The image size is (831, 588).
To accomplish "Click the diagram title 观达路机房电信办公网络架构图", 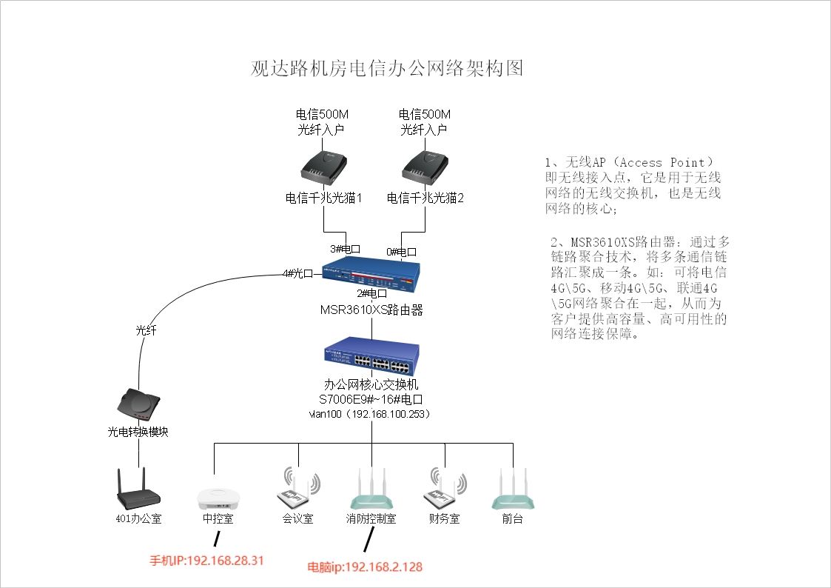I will [x=387, y=69].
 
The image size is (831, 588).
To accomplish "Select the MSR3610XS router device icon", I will [x=371, y=271].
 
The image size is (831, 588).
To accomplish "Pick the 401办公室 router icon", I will [x=138, y=491].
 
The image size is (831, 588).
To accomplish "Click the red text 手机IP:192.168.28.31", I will [x=207, y=561].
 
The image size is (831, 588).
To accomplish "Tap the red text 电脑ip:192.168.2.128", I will [x=365, y=567].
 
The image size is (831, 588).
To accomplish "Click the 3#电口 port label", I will [x=345, y=249].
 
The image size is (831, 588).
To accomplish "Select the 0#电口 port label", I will [x=401, y=252].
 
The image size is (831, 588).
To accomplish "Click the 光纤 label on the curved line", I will [x=147, y=330].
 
